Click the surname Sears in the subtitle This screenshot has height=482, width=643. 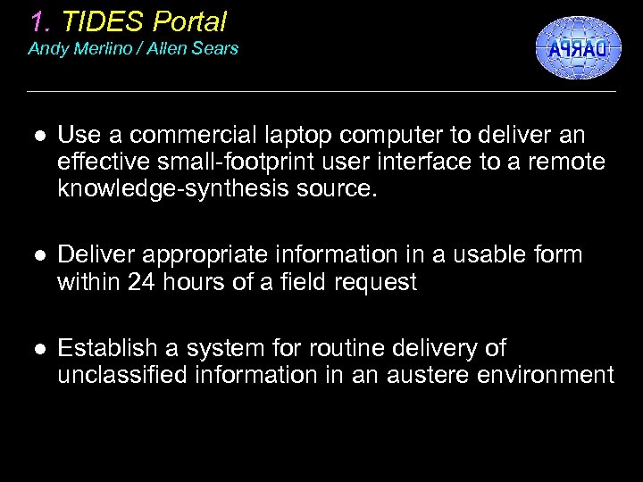[x=217, y=48]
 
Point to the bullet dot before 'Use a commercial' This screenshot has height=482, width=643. [x=37, y=136]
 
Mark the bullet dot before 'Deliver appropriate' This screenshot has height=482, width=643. [x=37, y=256]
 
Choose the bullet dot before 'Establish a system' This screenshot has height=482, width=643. [x=37, y=348]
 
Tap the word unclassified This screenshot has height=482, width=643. [x=121, y=375]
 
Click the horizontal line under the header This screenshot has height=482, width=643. [x=321, y=91]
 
